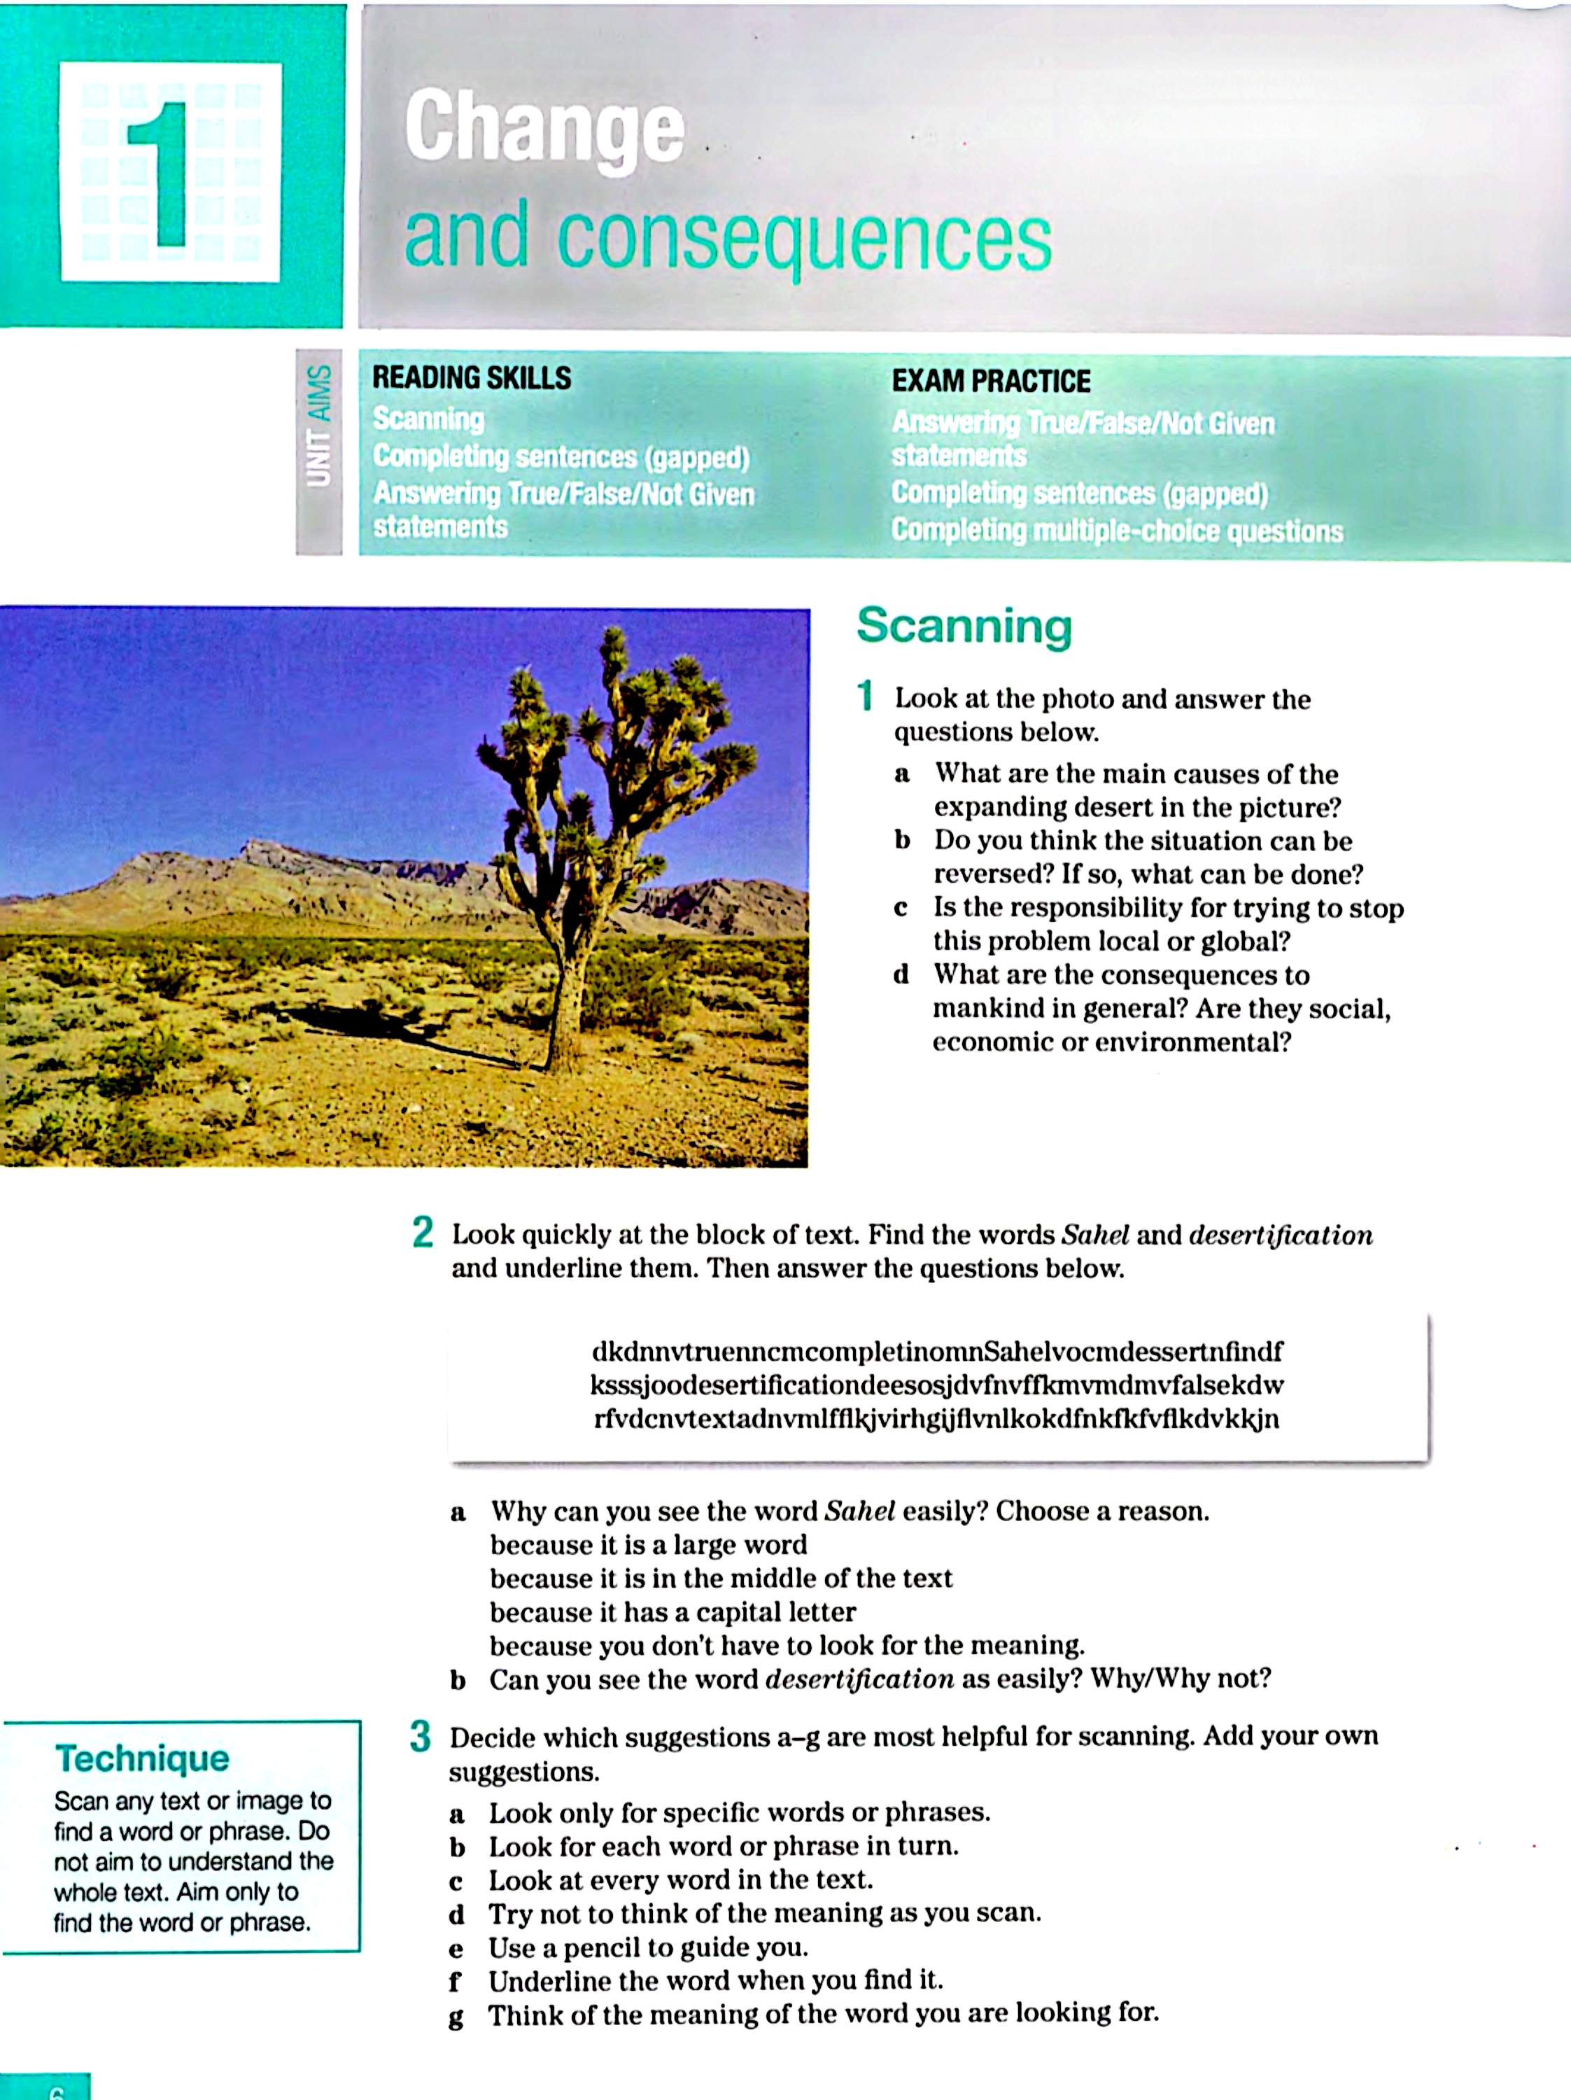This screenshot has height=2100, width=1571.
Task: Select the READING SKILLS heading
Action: pyautogui.click(x=471, y=378)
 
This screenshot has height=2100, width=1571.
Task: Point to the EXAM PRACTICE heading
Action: pyautogui.click(x=990, y=381)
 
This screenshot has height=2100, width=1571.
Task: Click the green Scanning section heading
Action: pyautogui.click(x=964, y=626)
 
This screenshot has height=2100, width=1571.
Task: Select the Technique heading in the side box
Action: pyautogui.click(x=142, y=1758)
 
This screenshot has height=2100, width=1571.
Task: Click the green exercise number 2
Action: pyautogui.click(x=423, y=1233)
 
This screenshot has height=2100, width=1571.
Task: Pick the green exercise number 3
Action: pyautogui.click(x=421, y=1737)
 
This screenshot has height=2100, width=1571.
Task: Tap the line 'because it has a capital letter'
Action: pyautogui.click(x=672, y=1612)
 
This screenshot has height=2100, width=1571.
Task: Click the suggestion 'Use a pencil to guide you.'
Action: pyautogui.click(x=647, y=1947)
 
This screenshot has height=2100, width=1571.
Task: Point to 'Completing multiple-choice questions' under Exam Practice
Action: pyautogui.click(x=1116, y=531)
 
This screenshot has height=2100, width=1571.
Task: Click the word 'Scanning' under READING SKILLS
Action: pyautogui.click(x=428, y=419)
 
